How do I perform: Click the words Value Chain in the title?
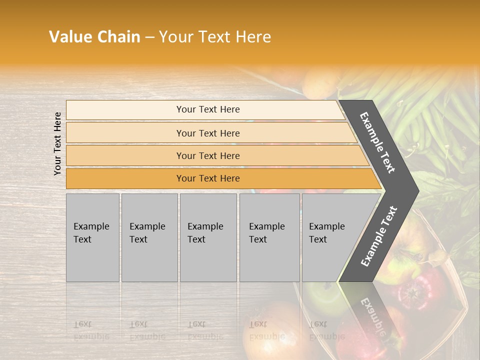pyautogui.click(x=94, y=37)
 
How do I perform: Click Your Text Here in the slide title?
pyautogui.click(x=215, y=37)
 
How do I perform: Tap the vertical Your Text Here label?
pyautogui.click(x=57, y=143)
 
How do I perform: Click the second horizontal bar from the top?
pyautogui.click(x=207, y=133)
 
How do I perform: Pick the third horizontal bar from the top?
pyautogui.click(x=207, y=155)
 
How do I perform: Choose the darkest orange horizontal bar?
pyautogui.click(x=207, y=178)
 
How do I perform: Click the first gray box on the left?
pyautogui.click(x=92, y=237)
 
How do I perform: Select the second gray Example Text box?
pyautogui.click(x=149, y=237)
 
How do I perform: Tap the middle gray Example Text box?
pyautogui.click(x=208, y=237)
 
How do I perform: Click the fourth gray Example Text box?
pyautogui.click(x=269, y=237)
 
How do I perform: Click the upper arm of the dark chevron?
pyautogui.click(x=377, y=142)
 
